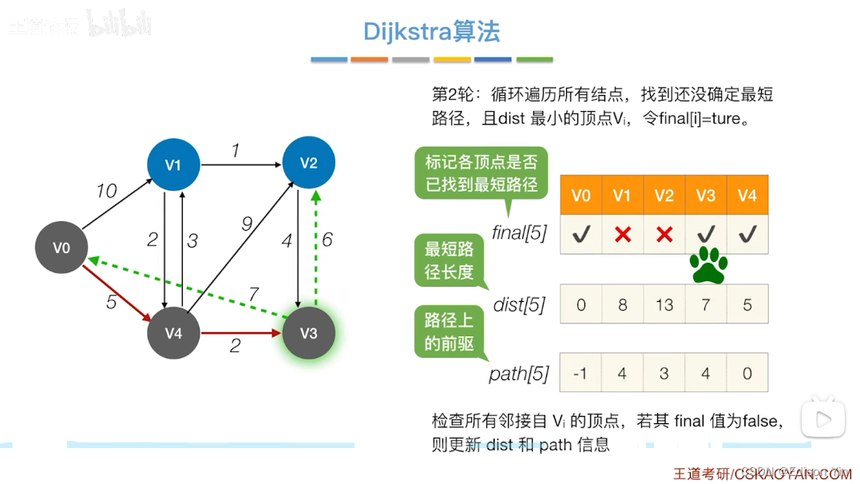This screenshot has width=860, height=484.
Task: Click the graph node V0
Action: tap(62, 248)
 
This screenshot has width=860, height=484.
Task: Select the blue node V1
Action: tap(173, 165)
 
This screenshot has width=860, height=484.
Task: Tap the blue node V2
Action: tap(308, 163)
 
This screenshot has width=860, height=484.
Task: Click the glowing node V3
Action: tap(308, 333)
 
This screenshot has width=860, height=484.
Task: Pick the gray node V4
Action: tap(173, 333)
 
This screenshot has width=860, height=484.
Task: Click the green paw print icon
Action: tap(708, 265)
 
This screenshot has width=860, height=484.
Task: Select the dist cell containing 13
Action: tap(664, 304)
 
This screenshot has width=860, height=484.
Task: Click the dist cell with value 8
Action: tap(622, 304)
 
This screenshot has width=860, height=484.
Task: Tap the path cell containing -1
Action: tap(581, 372)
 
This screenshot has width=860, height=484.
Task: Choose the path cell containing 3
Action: tap(664, 372)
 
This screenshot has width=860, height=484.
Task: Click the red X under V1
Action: tap(622, 234)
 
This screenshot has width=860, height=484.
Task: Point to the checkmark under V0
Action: tap(581, 234)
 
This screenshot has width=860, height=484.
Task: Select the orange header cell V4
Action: tap(747, 196)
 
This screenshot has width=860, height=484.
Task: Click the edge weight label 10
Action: tap(105, 192)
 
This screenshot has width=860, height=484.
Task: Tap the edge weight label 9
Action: tap(247, 224)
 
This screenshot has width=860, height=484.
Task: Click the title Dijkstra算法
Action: tap(431, 32)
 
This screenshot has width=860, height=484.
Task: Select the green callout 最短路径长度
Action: tap(449, 261)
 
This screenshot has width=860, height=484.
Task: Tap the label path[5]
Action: tap(519, 373)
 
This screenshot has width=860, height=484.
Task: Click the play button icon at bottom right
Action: tap(822, 418)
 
